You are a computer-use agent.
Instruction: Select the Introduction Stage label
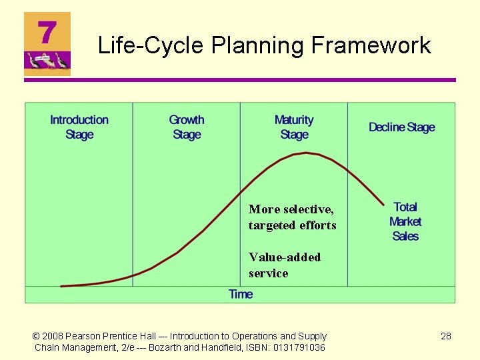[x=79, y=127]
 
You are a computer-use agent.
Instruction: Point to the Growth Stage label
[x=187, y=127]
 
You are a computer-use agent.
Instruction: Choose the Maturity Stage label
[x=294, y=127]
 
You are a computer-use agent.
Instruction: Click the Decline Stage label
[x=401, y=127]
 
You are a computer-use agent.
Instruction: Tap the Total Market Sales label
[x=405, y=221]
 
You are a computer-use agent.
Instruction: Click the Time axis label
[x=241, y=294]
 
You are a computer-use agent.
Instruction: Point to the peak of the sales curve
[x=306, y=153]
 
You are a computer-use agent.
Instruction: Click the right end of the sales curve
[x=384, y=204]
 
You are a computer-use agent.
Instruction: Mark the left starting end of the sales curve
[x=61, y=286]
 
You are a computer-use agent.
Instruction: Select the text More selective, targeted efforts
[x=292, y=217]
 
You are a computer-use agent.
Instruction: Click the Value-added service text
[x=284, y=265]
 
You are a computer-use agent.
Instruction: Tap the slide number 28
[x=446, y=336]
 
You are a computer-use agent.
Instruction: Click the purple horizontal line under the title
[x=240, y=80]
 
